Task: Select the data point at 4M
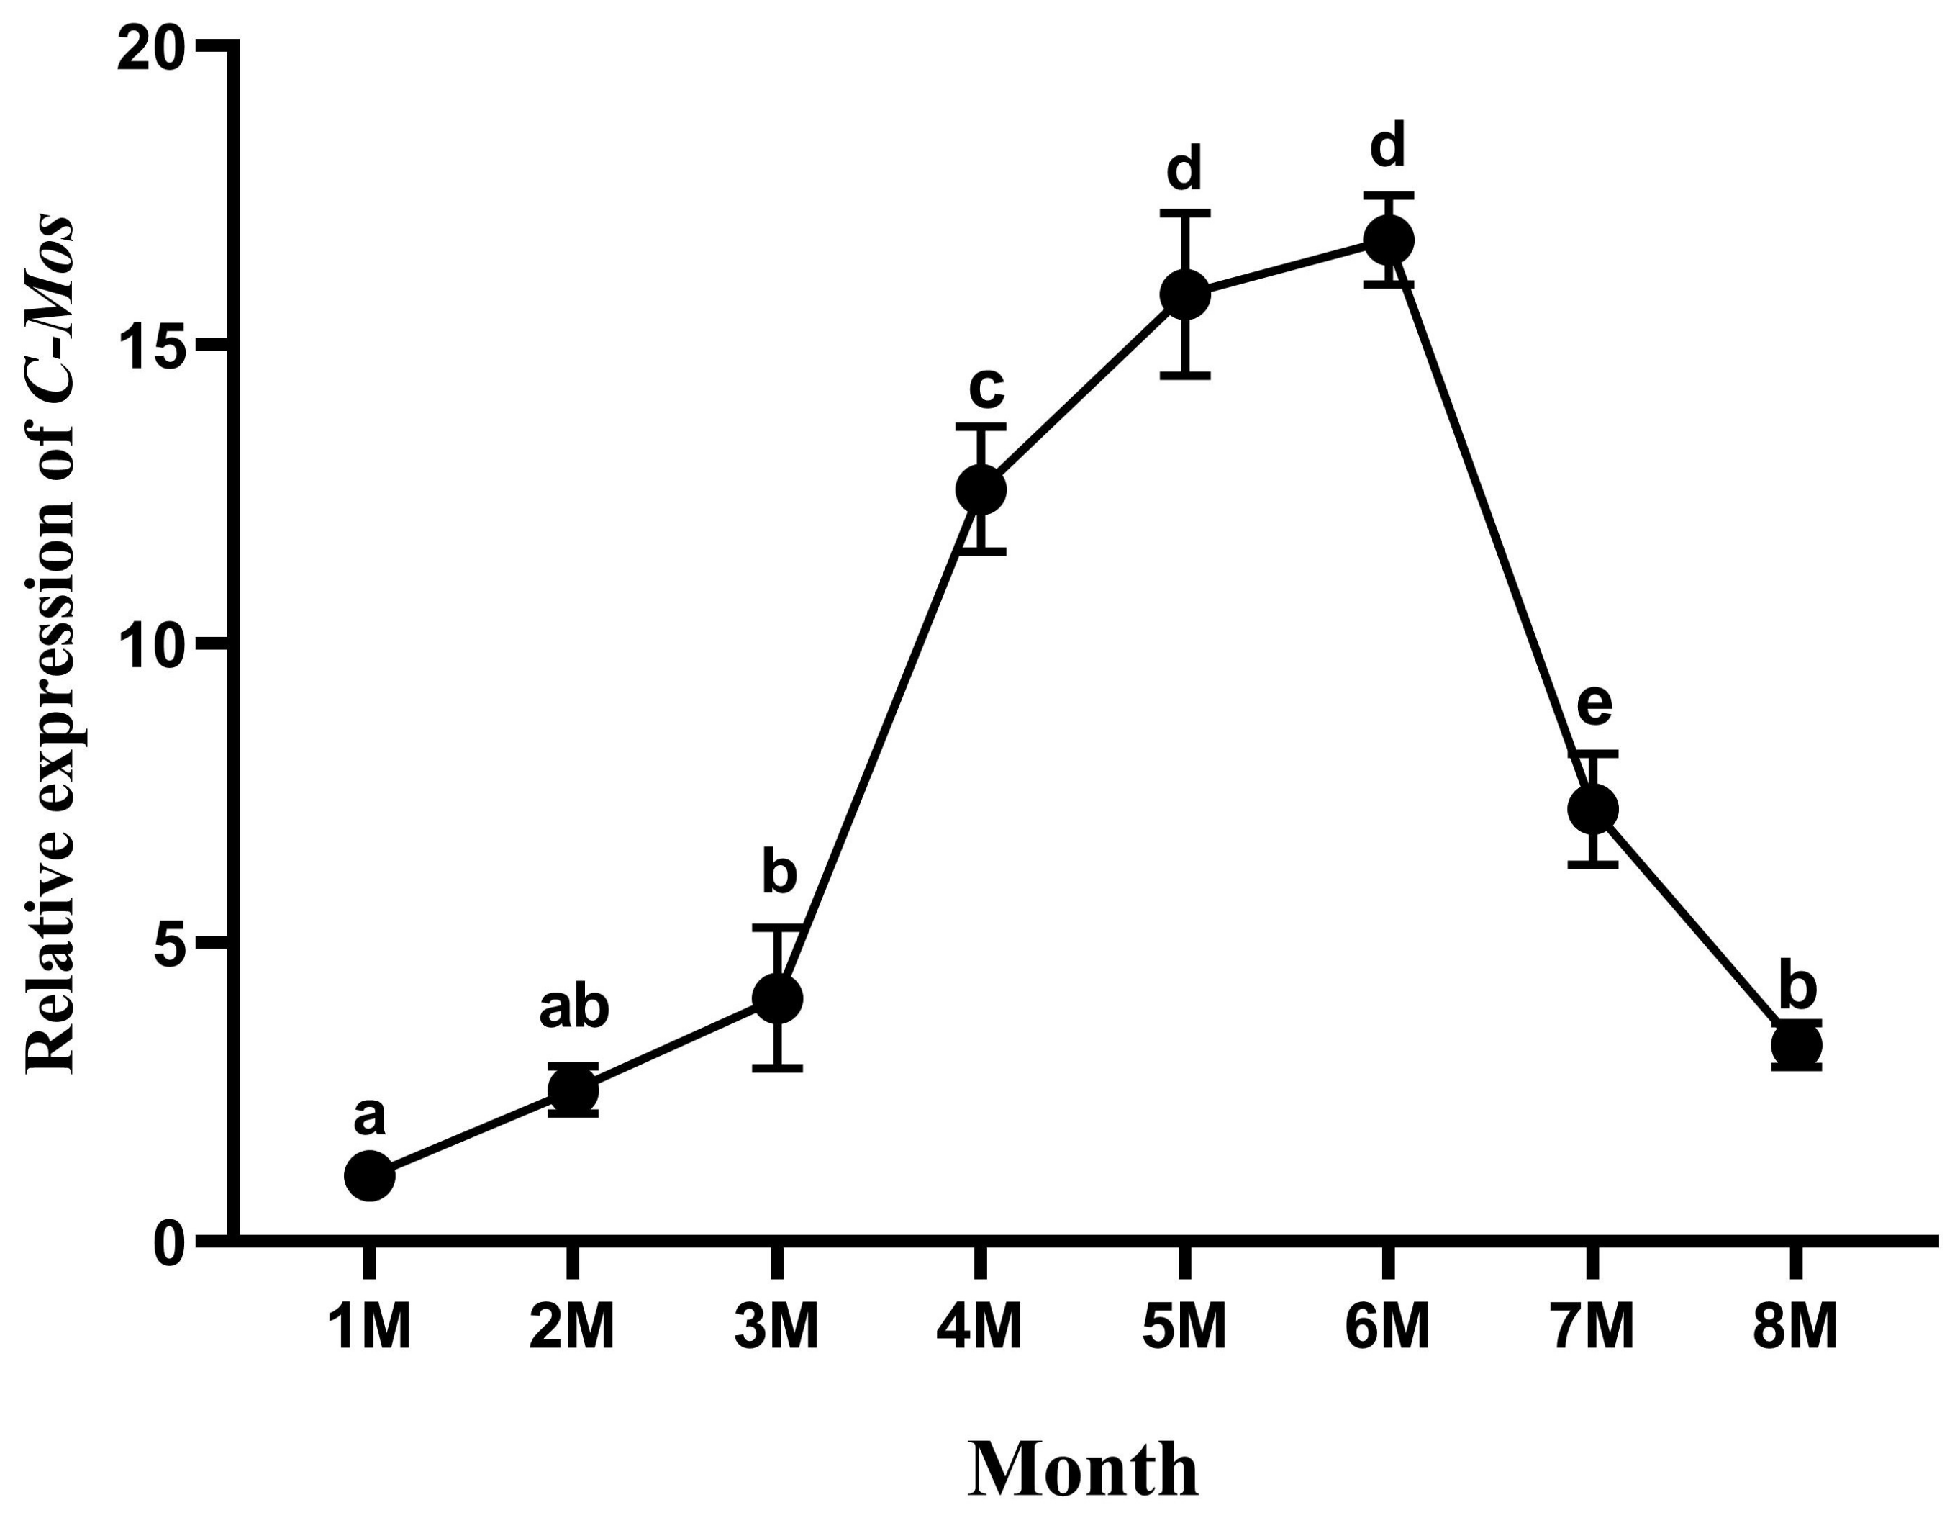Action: click(x=981, y=489)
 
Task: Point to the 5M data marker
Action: click(x=1184, y=294)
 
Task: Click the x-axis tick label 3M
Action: click(x=777, y=1329)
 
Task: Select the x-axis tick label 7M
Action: click(x=1592, y=1329)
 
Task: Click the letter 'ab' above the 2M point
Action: click(x=574, y=1009)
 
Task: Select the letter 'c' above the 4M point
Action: click(x=986, y=388)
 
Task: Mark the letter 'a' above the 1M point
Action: click(x=370, y=1118)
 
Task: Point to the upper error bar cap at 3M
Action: click(x=777, y=926)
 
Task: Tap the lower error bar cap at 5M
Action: click(x=1184, y=376)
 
